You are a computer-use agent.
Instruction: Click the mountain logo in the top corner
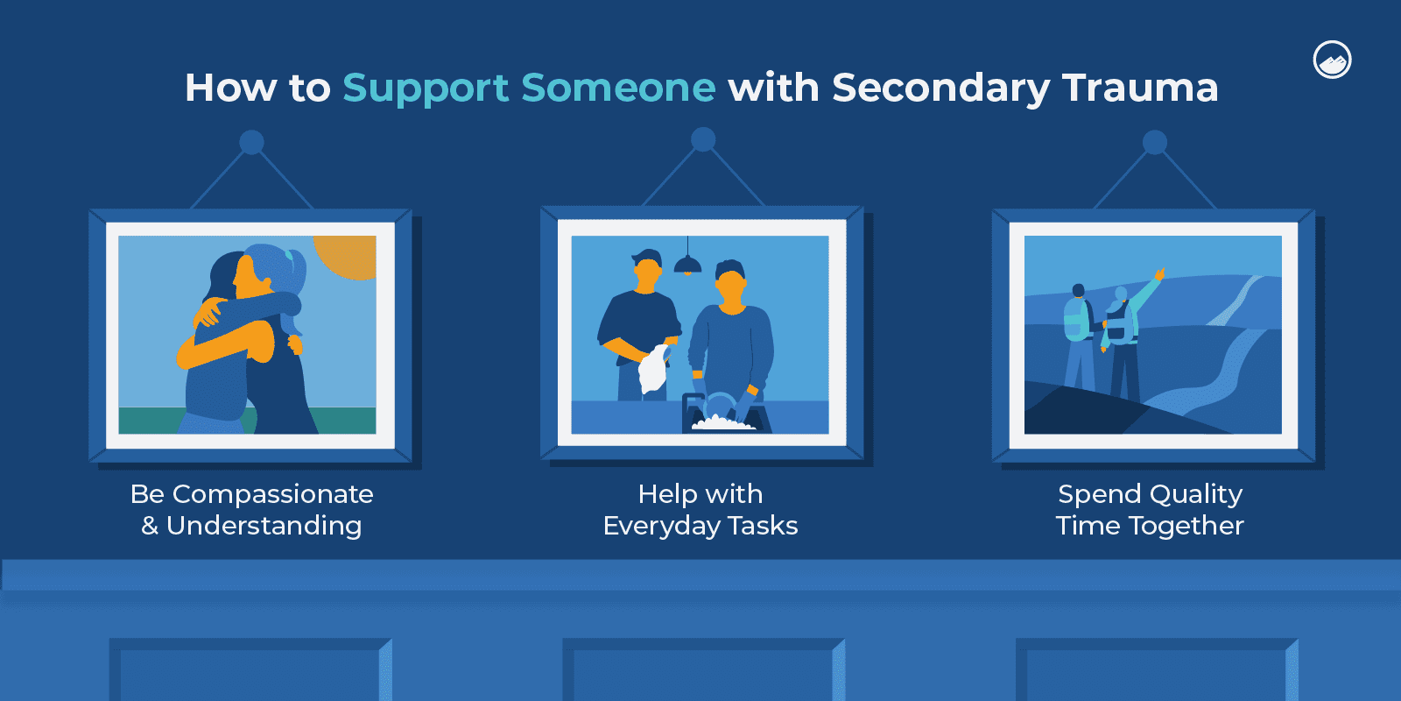(1332, 60)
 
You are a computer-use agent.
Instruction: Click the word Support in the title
(426, 89)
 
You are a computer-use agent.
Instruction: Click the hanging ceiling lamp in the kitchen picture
(687, 262)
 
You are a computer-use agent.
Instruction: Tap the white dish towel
(653, 369)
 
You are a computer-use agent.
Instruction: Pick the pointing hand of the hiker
(1159, 274)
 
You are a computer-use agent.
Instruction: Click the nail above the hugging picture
(251, 142)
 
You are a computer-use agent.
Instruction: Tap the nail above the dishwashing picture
(703, 139)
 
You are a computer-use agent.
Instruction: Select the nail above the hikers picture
(1155, 142)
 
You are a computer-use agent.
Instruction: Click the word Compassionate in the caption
(272, 495)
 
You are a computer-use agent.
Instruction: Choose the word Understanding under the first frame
(264, 527)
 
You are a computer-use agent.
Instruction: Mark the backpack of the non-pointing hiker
(1077, 319)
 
